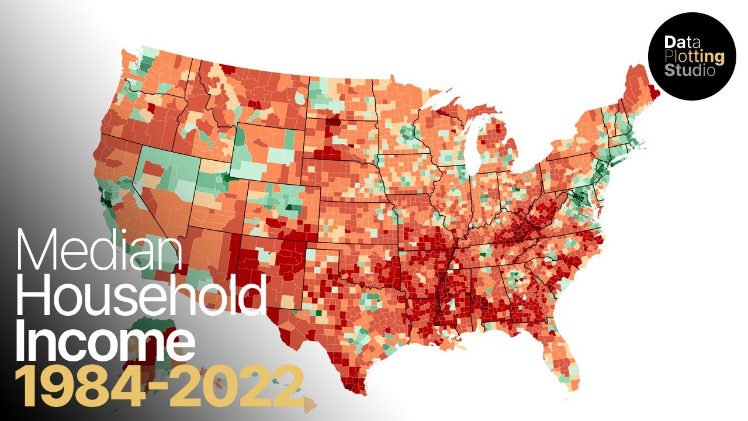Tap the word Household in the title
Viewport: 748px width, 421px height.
click(x=140, y=298)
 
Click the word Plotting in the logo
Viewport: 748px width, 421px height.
click(x=694, y=57)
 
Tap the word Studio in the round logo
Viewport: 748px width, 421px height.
click(x=690, y=71)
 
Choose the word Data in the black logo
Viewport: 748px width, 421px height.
click(x=678, y=43)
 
